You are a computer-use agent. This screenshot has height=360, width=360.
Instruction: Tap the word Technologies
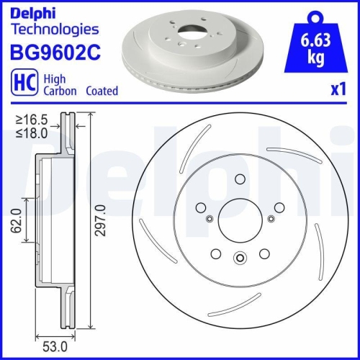coord(55,29)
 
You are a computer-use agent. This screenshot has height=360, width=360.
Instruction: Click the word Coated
coord(102,91)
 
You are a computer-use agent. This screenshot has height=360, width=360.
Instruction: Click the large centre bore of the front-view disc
coord(240,219)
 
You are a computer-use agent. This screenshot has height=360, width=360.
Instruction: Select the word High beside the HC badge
coord(55,80)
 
